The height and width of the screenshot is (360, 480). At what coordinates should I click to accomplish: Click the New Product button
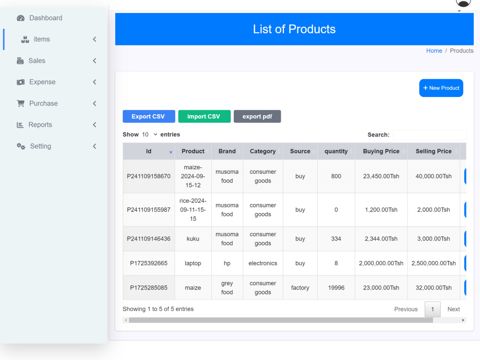tap(441, 88)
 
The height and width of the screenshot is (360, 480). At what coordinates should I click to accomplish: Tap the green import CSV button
tap(204, 116)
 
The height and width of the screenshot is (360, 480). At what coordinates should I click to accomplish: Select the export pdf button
tap(257, 116)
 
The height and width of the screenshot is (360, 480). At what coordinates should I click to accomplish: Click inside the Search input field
tap(429, 135)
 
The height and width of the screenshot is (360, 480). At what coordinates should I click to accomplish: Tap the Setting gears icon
tap(21, 146)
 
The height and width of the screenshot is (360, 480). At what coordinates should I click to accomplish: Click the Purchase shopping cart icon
tap(21, 104)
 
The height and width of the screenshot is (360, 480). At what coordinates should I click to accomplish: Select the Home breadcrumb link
tap(434, 51)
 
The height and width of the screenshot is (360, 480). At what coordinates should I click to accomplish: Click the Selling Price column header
tap(433, 151)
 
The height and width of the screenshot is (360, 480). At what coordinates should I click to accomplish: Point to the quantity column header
tap(336, 151)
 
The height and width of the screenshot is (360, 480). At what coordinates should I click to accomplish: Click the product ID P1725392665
tap(149, 263)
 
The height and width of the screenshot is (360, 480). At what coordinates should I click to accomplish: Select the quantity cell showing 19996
tap(336, 288)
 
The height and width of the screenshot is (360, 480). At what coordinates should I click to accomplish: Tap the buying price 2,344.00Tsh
tap(381, 239)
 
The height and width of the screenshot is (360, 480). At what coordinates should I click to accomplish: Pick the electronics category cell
tap(263, 263)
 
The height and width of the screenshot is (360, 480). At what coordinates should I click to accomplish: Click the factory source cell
tap(300, 288)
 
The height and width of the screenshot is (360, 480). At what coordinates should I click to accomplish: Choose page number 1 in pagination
tap(432, 309)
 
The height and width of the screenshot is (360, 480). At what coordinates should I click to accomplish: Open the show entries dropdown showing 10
tap(149, 134)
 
